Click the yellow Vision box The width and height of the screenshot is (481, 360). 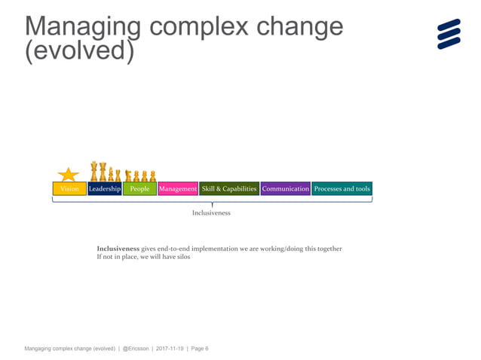(x=69, y=189)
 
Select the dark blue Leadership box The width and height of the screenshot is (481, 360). (x=104, y=189)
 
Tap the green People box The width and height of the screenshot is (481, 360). (x=139, y=189)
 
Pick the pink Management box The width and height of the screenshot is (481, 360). (x=178, y=189)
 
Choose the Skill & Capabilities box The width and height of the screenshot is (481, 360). (x=229, y=189)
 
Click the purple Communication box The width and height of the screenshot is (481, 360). (x=286, y=189)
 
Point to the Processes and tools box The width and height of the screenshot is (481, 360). (x=342, y=189)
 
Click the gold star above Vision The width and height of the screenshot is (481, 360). (x=69, y=175)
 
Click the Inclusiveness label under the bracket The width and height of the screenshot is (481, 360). (x=211, y=213)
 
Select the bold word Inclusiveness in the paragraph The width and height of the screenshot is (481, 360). (x=118, y=249)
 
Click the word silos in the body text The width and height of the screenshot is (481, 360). (x=182, y=258)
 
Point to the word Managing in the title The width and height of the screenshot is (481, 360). (x=83, y=28)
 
